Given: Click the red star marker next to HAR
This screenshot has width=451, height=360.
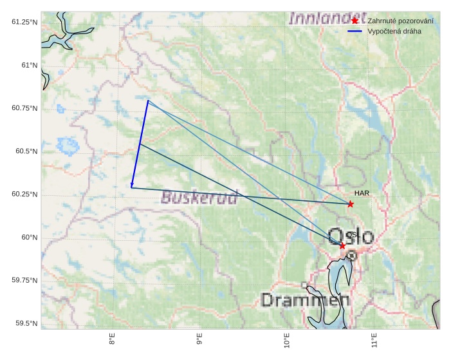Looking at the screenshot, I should (x=350, y=204).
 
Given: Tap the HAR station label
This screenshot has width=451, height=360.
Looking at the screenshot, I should (x=361, y=193).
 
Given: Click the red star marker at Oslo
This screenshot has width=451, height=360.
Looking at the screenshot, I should (x=342, y=245).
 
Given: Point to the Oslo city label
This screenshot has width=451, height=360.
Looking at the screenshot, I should (x=351, y=236).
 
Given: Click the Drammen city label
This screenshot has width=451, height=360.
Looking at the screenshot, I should (x=306, y=300).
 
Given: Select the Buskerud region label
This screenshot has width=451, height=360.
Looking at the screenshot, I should (x=199, y=196).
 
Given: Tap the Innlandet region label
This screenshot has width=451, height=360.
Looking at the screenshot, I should (x=327, y=18).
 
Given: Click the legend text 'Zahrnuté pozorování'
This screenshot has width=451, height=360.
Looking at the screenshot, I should (x=400, y=21).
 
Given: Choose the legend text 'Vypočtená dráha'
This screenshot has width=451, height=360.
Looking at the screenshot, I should (x=394, y=32).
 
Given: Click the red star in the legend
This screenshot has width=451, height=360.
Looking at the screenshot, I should (x=354, y=21).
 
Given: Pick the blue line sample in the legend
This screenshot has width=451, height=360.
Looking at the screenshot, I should (x=354, y=32).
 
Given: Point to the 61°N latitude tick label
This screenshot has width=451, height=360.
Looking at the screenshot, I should (x=26, y=65).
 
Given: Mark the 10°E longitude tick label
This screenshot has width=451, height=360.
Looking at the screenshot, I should (x=286, y=340).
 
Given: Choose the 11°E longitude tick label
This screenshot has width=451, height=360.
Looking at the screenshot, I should (x=374, y=340).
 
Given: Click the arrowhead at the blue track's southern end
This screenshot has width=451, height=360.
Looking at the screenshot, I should (x=131, y=185).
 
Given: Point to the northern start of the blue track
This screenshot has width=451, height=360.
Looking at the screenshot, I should (x=147, y=100).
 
